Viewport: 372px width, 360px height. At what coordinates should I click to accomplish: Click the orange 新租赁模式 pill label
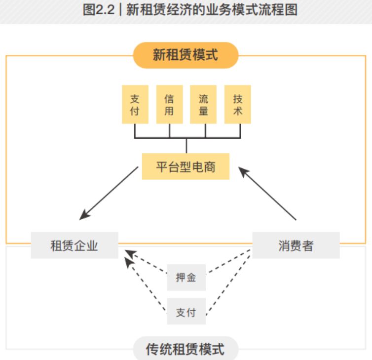point(186,54)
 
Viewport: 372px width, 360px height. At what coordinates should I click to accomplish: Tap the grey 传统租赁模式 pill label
point(186,350)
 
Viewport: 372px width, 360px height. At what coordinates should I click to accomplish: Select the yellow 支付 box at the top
point(135,104)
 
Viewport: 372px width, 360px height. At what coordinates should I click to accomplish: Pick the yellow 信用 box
point(169,104)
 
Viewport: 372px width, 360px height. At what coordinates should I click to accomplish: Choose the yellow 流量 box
point(203,104)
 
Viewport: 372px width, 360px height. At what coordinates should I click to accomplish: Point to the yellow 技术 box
point(237,104)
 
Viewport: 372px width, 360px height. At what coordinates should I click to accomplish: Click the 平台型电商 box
point(186,166)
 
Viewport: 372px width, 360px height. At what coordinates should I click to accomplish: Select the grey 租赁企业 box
point(74,245)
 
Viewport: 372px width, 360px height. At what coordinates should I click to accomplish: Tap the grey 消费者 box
point(296,245)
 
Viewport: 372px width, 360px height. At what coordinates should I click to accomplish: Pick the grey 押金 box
point(186,277)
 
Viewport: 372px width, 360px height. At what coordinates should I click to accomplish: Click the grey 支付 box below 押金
point(186,312)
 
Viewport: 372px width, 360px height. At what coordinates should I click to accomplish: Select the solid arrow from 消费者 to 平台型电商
point(267,193)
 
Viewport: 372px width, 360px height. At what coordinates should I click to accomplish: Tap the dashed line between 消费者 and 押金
point(228,262)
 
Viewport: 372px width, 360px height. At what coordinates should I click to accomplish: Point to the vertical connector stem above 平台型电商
point(186,146)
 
